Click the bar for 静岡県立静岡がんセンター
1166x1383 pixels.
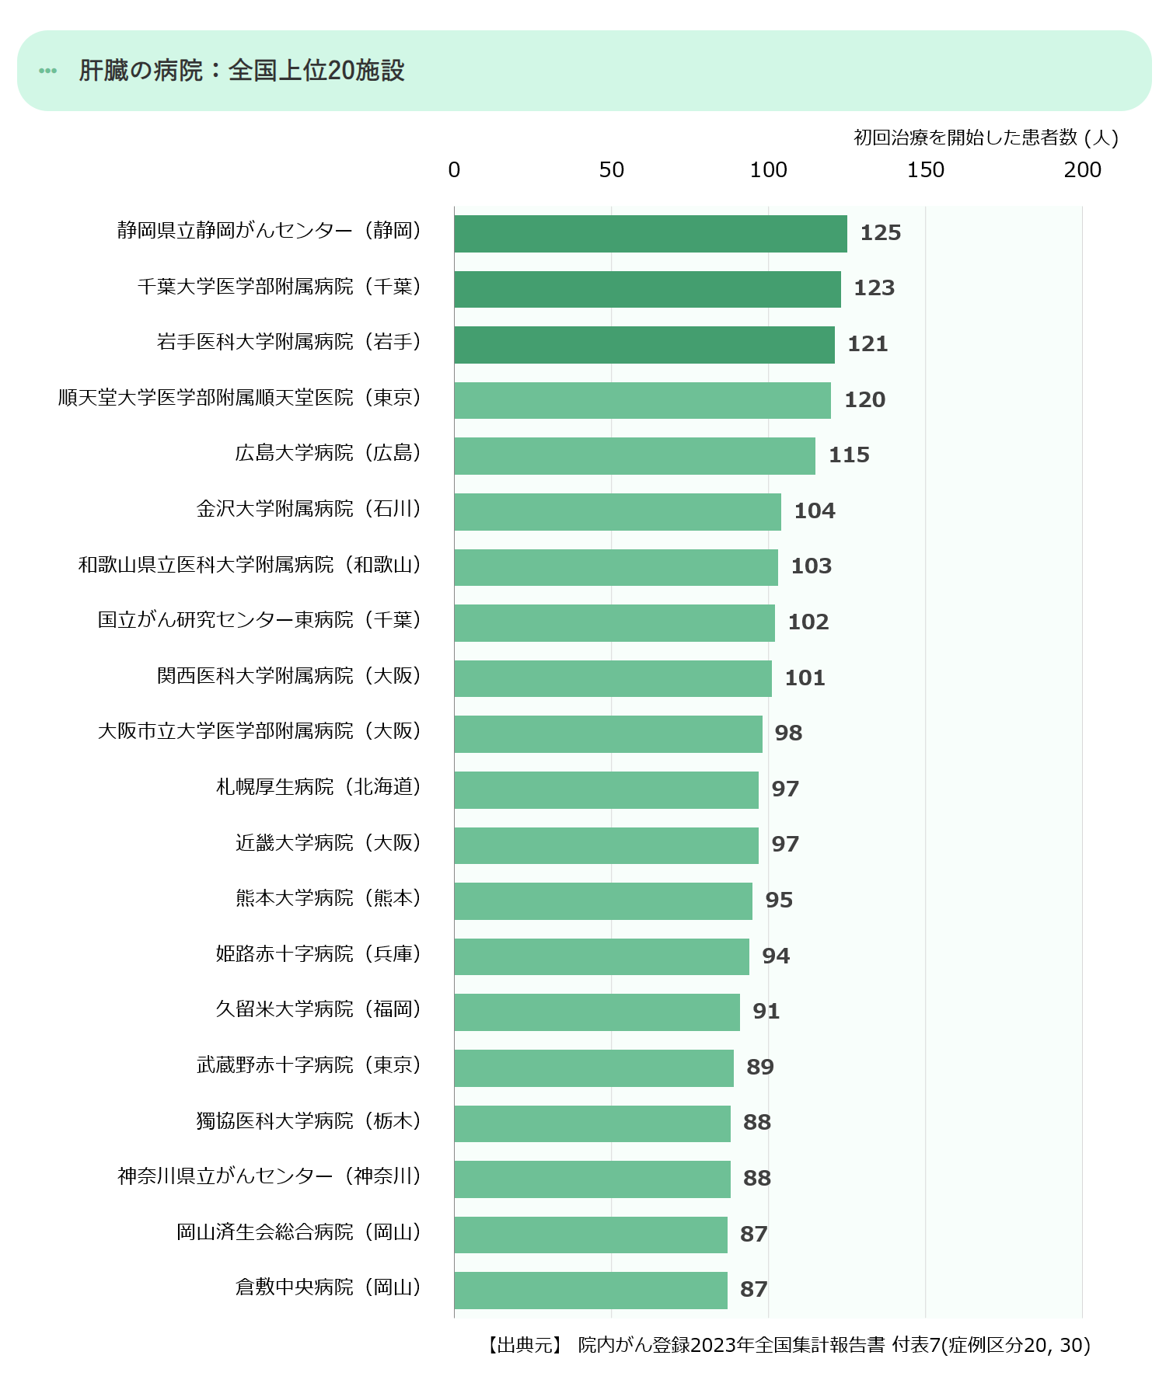pos(651,234)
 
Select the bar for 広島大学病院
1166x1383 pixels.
pos(634,456)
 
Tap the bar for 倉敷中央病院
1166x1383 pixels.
pos(591,1291)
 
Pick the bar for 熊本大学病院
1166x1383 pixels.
pos(603,901)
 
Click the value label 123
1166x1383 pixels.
pos(874,288)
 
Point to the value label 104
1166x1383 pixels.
pos(815,511)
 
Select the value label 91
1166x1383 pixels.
pos(766,1012)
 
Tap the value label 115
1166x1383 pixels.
pos(849,455)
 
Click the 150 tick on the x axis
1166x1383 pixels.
pos(925,170)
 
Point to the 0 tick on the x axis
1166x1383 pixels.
pos(455,170)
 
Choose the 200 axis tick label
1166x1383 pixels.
pos(1082,170)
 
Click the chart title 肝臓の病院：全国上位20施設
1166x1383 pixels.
pos(242,71)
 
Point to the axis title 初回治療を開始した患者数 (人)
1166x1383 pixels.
pos(986,138)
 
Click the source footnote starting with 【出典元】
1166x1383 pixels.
pos(787,1345)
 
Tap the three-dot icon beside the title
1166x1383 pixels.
pos(48,71)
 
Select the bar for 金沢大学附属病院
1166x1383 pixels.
pos(617,512)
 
